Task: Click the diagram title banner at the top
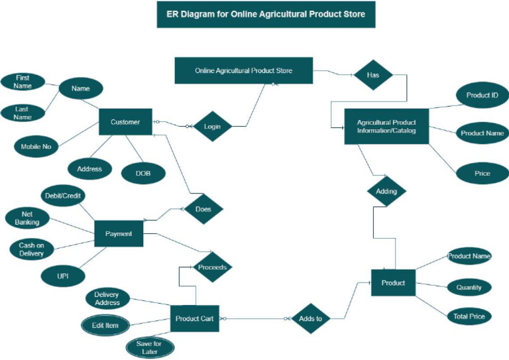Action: pos(266,14)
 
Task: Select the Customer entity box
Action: pos(125,122)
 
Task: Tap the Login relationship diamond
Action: pos(213,126)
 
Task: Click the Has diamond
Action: pos(372,76)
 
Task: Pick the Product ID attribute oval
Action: pos(482,95)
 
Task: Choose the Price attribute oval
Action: pos(482,174)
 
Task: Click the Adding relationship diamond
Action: pos(386,192)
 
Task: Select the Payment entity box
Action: pos(119,233)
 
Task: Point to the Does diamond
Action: pos(203,210)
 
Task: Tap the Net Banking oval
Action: pos(27,218)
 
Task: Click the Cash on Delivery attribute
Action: pos(31,249)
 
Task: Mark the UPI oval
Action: pos(62,275)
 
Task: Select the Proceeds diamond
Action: pos(212,268)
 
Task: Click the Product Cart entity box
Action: pos(194,319)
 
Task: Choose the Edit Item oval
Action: pos(106,325)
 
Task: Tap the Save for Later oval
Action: pos(150,347)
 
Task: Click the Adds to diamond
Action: pos(310,319)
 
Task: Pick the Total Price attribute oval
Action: pos(469,317)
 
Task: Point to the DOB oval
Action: pos(143,173)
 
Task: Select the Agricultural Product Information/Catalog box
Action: pos(386,126)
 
